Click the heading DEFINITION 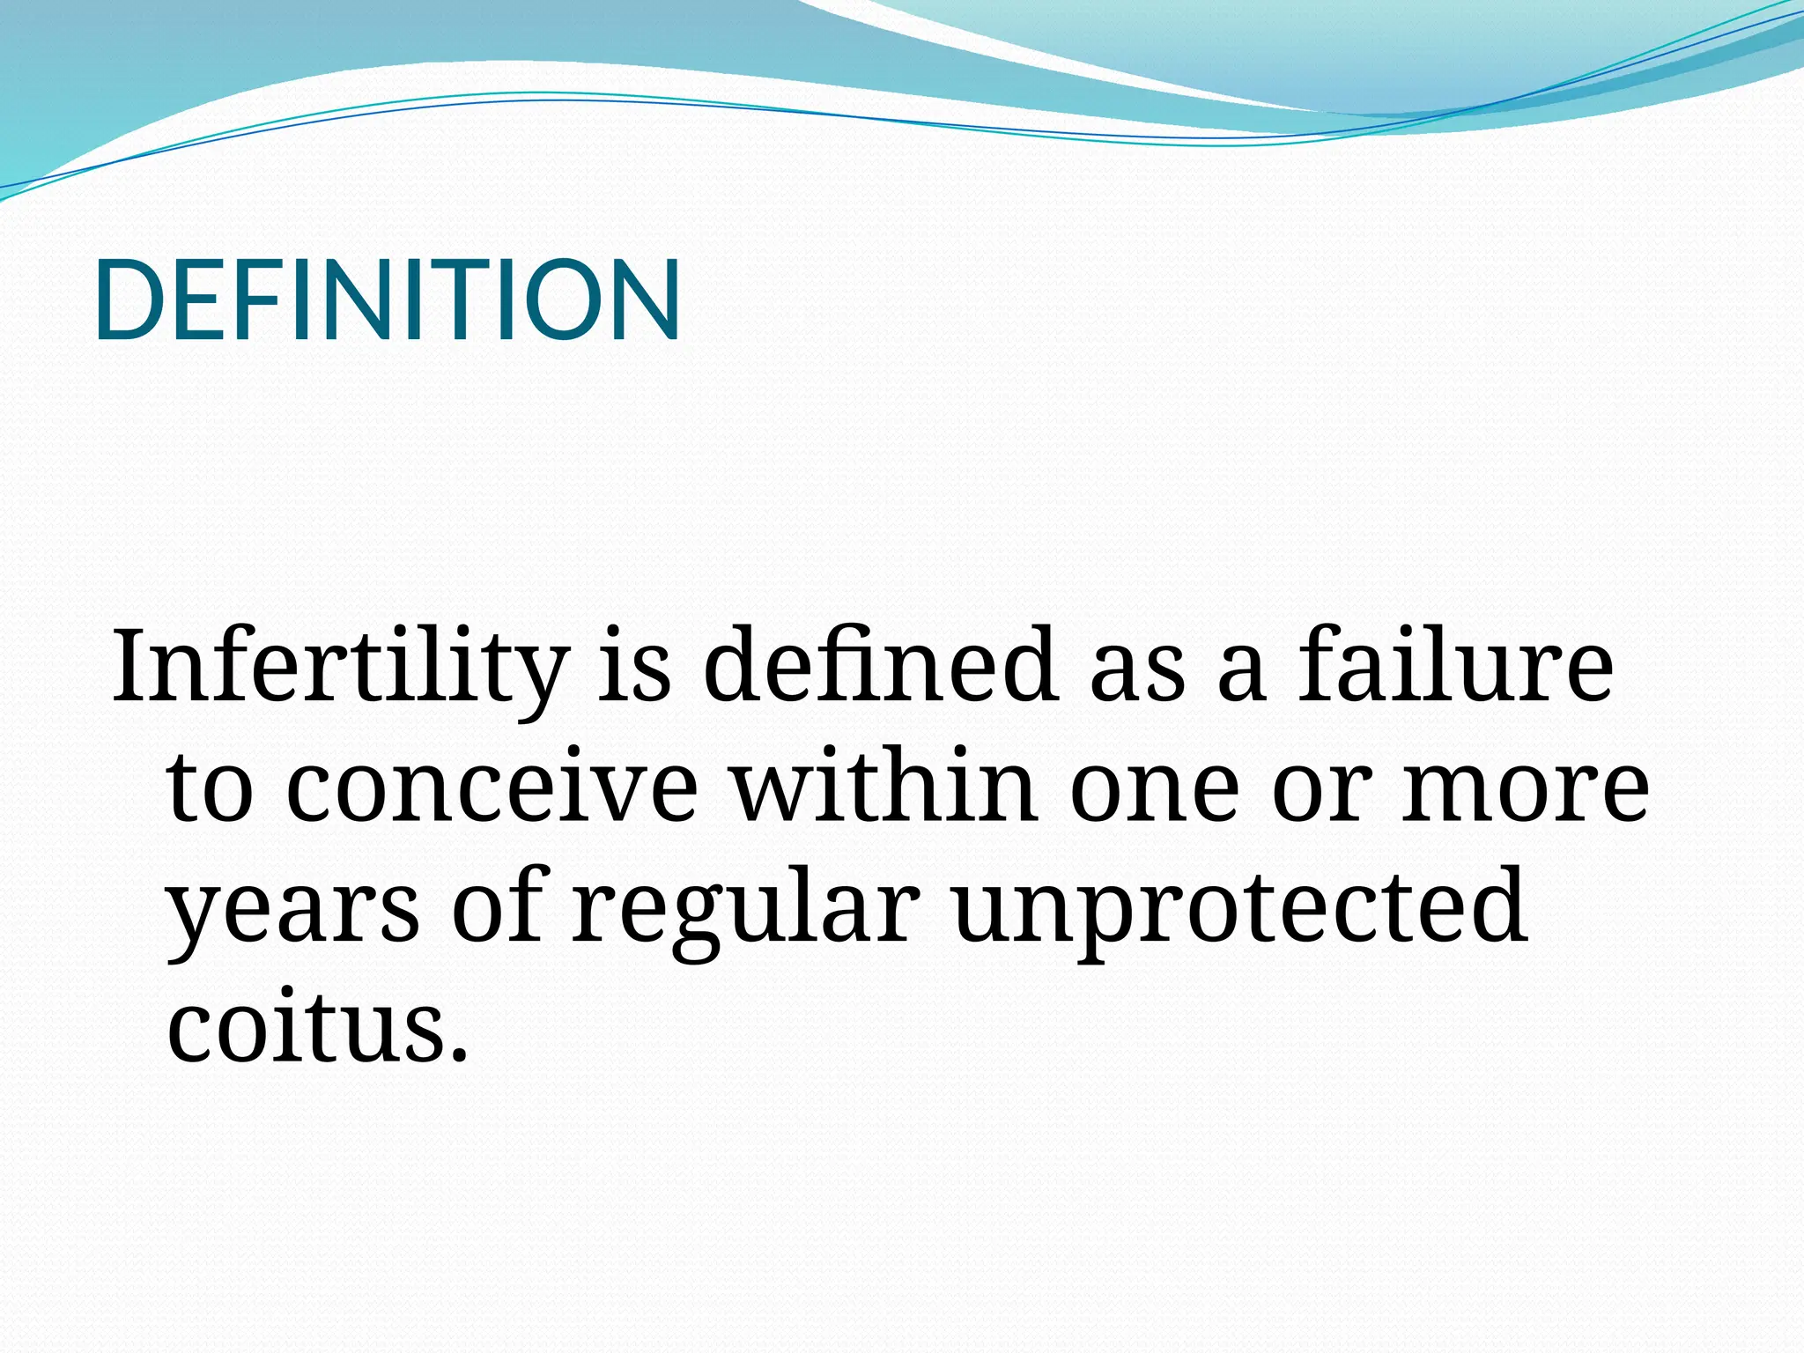387,300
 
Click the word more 1525,788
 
